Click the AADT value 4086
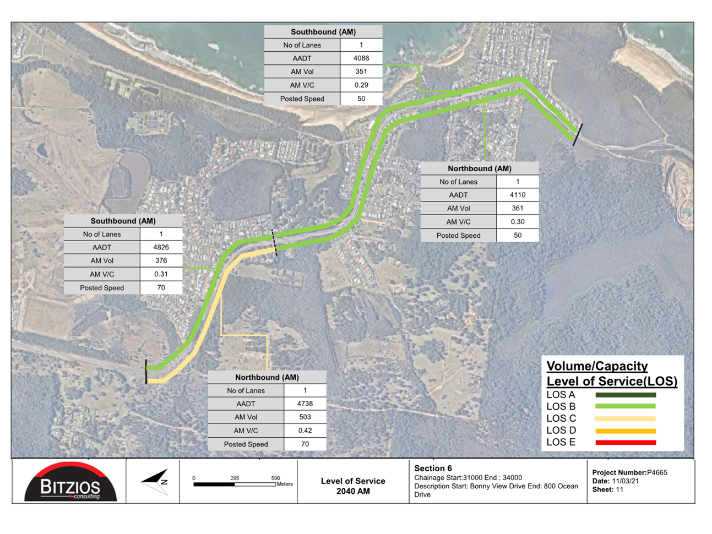361,58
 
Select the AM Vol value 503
305,417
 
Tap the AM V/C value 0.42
305,431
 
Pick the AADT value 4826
161,247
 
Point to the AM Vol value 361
518,208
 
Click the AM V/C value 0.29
361,85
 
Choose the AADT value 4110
518,195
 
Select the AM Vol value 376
161,260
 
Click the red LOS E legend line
626,442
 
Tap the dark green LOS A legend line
626,395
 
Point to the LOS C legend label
561,418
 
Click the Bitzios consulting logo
70,482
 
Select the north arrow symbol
155,482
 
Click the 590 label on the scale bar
275,478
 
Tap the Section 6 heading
433,468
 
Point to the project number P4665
657,472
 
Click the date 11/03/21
625,481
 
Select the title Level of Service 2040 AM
353,486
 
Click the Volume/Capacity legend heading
597,366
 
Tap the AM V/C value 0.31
161,274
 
